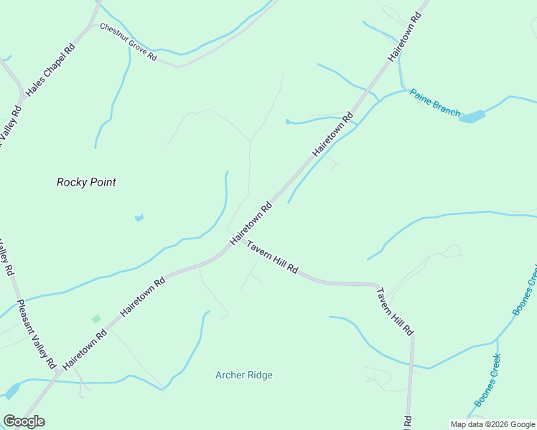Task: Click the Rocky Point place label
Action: (x=86, y=182)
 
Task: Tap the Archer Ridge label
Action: (x=244, y=375)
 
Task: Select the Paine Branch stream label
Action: (x=435, y=102)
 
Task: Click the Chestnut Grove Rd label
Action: (x=129, y=42)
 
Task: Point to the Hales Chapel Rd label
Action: (x=50, y=72)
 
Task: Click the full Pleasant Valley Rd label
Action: (x=37, y=334)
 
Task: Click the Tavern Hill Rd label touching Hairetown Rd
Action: (x=273, y=257)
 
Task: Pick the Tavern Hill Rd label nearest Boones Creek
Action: (x=396, y=312)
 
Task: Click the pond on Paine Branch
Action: (x=472, y=116)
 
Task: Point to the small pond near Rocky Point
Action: (x=139, y=217)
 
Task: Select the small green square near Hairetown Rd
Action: (x=96, y=319)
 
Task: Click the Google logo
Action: (x=24, y=421)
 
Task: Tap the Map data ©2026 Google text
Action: (x=492, y=424)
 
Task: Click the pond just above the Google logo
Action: (x=11, y=391)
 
